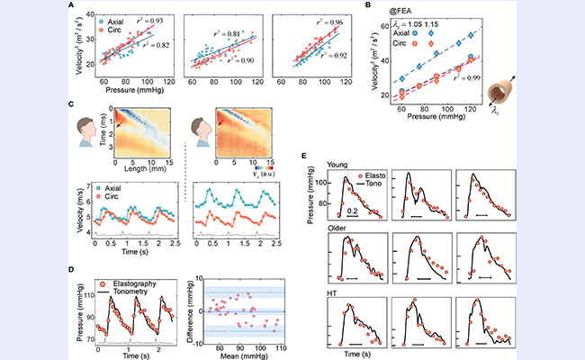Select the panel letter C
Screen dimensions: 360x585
coord(70,105)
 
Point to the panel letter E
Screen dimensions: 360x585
coord(307,155)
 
